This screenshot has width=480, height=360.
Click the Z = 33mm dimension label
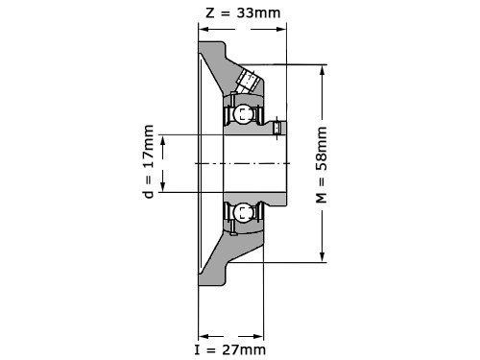[x=243, y=13]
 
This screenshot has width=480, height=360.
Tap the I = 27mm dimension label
[x=230, y=349]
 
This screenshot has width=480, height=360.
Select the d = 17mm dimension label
[x=149, y=161]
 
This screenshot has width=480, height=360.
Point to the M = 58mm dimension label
[x=322, y=165]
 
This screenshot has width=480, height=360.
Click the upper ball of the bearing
[x=242, y=114]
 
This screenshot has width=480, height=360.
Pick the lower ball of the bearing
[x=242, y=212]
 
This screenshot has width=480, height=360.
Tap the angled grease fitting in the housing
[x=248, y=81]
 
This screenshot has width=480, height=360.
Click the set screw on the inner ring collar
[x=277, y=128]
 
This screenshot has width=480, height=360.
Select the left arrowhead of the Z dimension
[x=204, y=30]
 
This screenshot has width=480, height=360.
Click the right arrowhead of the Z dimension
[x=281, y=30]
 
